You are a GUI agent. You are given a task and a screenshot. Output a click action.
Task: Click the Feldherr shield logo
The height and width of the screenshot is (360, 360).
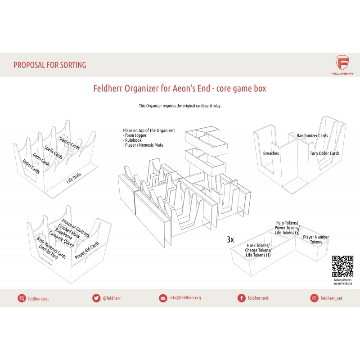tap(342, 63)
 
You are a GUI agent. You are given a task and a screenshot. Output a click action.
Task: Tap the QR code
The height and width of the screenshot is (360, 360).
tap(342, 266)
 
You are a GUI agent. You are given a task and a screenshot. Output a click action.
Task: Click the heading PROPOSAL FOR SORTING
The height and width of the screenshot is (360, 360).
tap(50, 65)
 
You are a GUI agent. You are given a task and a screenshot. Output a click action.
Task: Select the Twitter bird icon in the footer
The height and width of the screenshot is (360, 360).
tap(96, 298)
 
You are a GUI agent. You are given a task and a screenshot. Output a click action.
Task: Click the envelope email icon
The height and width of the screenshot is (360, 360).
tap(163, 298)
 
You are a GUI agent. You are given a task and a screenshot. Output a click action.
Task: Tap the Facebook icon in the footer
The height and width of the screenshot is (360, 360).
tap(241, 298)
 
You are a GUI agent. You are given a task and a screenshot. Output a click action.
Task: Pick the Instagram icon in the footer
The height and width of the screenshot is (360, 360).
tap(314, 298)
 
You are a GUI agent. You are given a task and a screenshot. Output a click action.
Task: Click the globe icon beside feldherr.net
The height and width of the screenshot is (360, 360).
tap(22, 298)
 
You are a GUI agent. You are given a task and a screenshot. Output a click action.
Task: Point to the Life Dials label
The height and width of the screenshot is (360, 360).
tap(74, 178)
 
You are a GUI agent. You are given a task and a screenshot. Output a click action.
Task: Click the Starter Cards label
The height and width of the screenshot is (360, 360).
tap(69, 143)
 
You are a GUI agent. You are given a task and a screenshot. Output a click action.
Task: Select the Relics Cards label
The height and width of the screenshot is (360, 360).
tap(31, 166)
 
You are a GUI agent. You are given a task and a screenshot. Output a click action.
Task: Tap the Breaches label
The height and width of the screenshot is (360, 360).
tap(271, 153)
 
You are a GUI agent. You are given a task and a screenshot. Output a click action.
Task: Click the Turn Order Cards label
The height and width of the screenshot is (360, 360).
tap(324, 153)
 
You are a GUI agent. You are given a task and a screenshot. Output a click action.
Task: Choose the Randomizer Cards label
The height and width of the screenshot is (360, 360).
tap(312, 135)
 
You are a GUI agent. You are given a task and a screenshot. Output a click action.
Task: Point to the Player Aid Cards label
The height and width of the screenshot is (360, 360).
tap(87, 250)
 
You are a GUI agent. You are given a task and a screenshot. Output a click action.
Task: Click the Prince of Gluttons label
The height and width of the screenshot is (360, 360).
tap(75, 228)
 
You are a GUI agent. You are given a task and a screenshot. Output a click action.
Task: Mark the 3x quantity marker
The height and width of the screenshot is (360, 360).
tap(230, 239)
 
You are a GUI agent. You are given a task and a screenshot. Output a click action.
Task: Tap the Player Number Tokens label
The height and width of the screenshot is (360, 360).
tap(316, 239)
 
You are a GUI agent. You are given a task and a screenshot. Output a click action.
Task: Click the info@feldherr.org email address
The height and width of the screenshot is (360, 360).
tap(185, 298)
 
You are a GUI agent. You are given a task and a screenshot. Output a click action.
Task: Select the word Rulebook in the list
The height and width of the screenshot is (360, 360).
tap(133, 140)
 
